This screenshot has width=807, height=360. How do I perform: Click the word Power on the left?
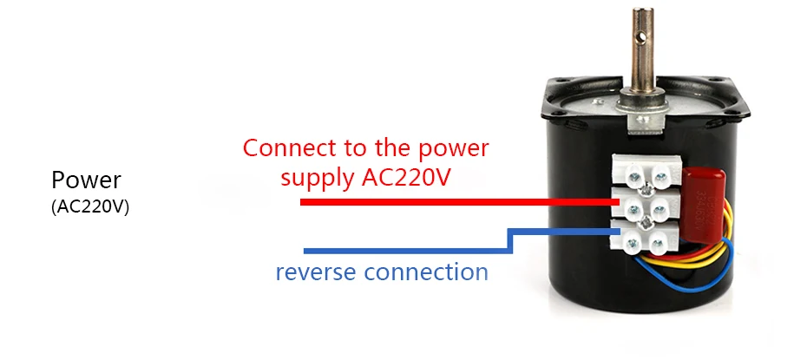click(86, 180)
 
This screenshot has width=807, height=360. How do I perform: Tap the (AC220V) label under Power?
click(90, 206)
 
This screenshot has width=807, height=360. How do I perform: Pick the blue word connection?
click(426, 272)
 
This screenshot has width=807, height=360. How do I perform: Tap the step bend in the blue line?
click(511, 241)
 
